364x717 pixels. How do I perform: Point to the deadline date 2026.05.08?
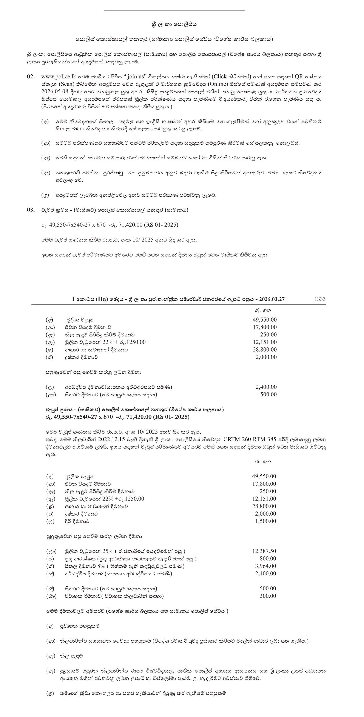point(55,92)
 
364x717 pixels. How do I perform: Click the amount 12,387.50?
point(264,551)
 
